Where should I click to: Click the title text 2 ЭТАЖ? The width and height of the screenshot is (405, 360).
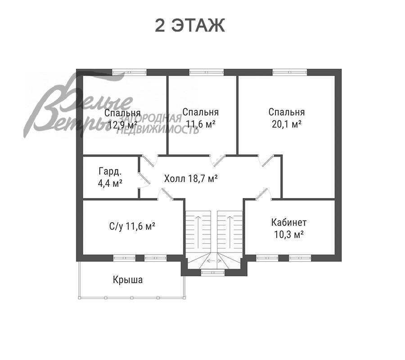(190, 26)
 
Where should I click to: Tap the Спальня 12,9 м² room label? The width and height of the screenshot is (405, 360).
(123, 119)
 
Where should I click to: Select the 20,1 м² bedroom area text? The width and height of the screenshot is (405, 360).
(287, 125)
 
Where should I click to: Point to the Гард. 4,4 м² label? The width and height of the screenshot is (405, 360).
(110, 177)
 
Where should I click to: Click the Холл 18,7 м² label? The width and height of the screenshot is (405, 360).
(191, 178)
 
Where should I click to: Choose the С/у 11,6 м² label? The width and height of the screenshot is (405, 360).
(132, 226)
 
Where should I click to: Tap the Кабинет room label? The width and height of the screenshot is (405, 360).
(289, 222)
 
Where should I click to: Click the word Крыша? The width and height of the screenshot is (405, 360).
(128, 280)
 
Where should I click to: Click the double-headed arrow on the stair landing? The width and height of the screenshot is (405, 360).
(214, 261)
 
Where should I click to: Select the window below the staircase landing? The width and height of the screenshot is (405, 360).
(213, 272)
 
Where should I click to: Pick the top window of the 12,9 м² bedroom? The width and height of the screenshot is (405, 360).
(130, 72)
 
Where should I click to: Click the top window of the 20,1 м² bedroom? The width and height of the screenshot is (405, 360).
(290, 72)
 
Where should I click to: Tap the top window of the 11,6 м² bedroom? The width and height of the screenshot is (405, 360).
(207, 72)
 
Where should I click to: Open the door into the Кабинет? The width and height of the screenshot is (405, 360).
(263, 193)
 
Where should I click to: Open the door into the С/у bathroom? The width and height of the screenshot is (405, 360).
(166, 193)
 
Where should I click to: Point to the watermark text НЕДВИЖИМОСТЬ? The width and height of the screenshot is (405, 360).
(158, 130)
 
